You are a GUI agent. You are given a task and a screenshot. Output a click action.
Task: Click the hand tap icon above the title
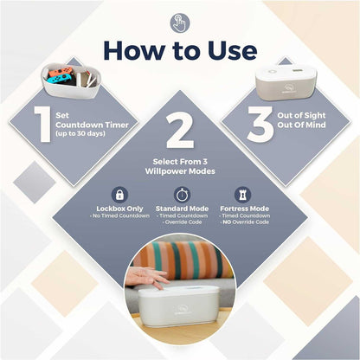[180, 22]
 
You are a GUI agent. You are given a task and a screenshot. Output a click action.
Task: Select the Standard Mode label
[181, 209]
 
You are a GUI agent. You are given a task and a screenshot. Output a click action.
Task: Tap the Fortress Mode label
[243, 209]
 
